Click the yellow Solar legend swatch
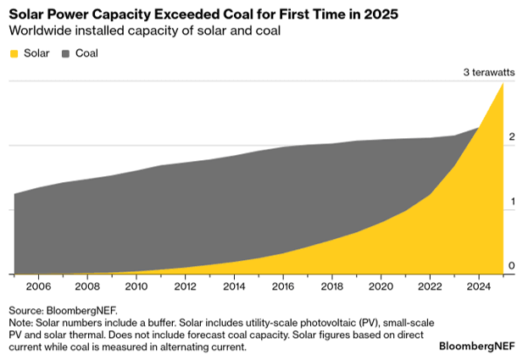pyautogui.click(x=16, y=53)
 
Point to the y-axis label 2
pyautogui.click(x=510, y=137)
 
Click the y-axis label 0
pyautogui.click(x=510, y=266)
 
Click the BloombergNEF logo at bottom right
pyautogui.click(x=477, y=346)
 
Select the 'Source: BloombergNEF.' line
pyautogui.click(x=63, y=310)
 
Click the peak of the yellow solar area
pyautogui.click(x=504, y=85)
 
